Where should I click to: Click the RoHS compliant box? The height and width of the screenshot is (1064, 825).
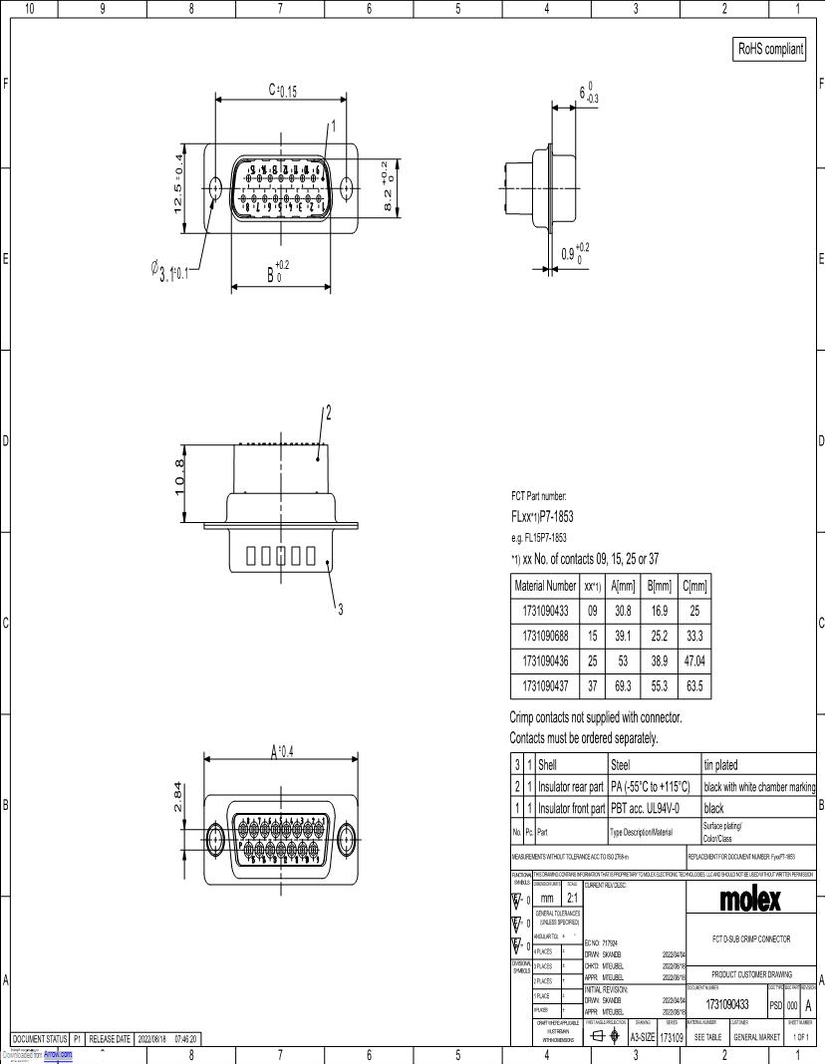(x=768, y=48)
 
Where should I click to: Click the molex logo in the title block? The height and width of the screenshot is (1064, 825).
(x=751, y=901)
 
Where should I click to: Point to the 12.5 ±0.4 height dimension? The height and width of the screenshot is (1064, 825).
(x=179, y=182)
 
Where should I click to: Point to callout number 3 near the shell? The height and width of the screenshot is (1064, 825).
(x=342, y=611)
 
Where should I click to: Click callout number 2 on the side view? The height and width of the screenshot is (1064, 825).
(x=329, y=411)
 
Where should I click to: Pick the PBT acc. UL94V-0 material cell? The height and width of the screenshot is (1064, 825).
(x=652, y=809)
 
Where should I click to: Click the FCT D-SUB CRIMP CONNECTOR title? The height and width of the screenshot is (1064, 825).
(x=751, y=938)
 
